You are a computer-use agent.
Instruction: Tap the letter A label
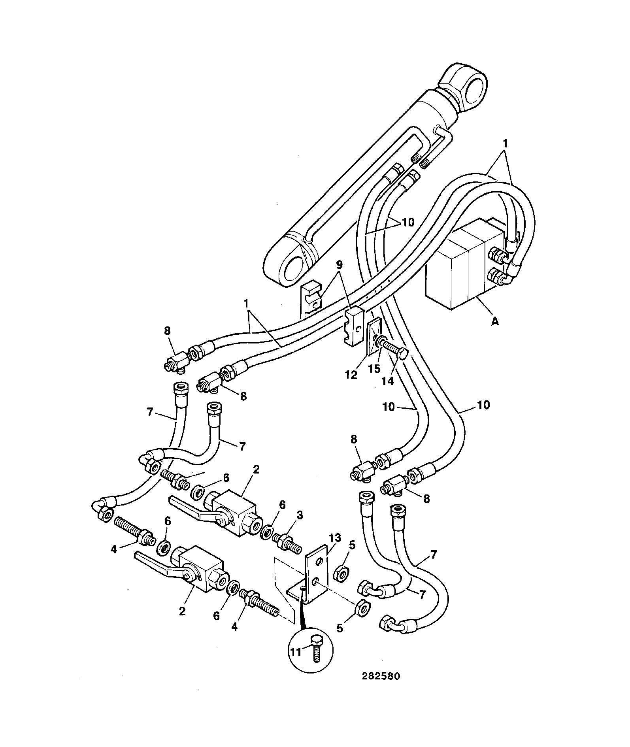[x=494, y=322]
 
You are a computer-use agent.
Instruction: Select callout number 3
[x=300, y=515]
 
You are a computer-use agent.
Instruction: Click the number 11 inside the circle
[x=296, y=652]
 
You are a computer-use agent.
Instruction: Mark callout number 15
[x=374, y=368]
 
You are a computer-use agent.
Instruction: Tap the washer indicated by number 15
[x=380, y=341]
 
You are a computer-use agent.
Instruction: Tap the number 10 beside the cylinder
[x=408, y=222]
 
